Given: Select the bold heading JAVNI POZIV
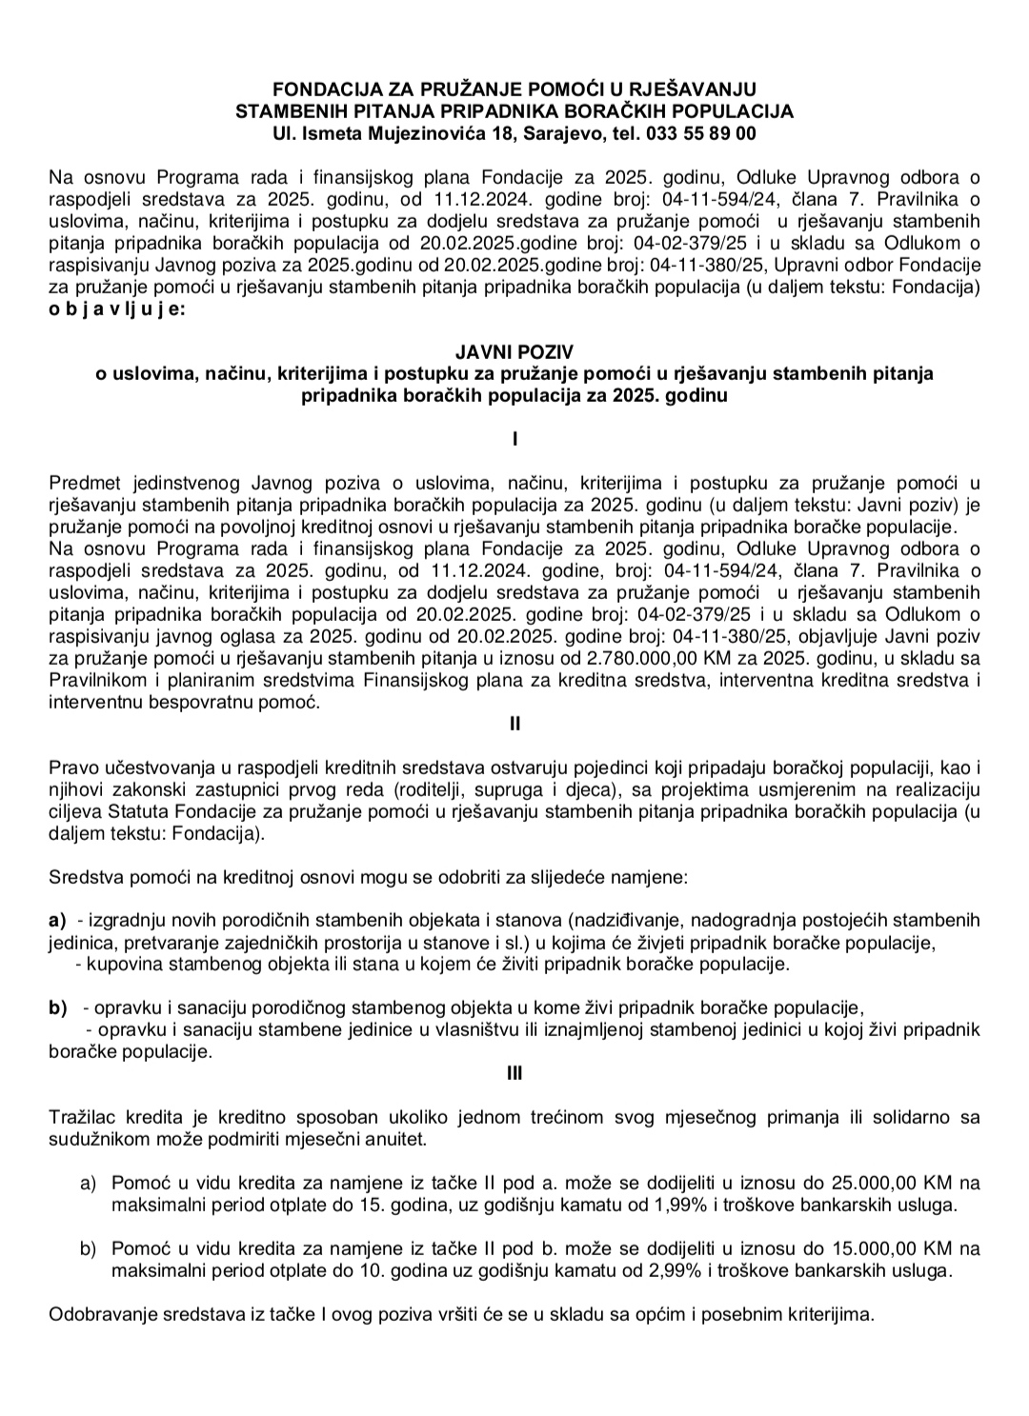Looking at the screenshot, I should (x=514, y=352).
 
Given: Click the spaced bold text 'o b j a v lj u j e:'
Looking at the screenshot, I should (x=119, y=309).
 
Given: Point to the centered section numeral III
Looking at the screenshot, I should (x=514, y=1073).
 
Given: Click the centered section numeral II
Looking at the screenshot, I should (x=514, y=724).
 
